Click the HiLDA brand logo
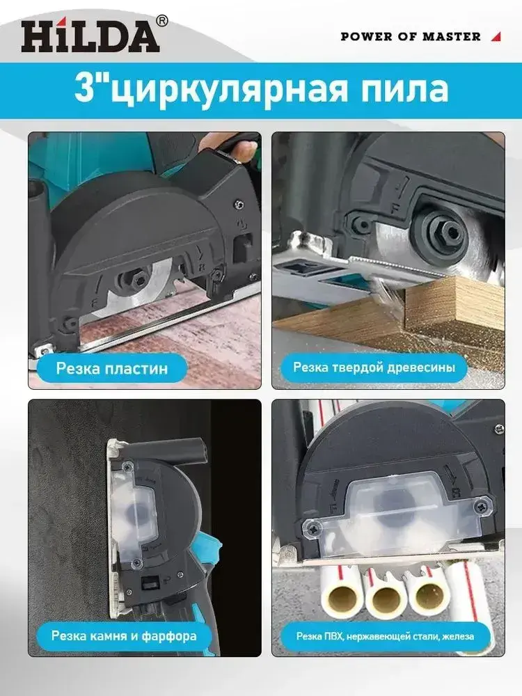(90, 35)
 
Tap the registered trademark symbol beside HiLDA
(162, 20)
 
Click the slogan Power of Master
(411, 36)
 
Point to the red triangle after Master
(496, 37)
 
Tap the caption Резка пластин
(112, 368)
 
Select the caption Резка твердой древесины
(374, 367)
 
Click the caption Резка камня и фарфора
(124, 635)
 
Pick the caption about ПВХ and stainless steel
(385, 636)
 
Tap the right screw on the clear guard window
(482, 506)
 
